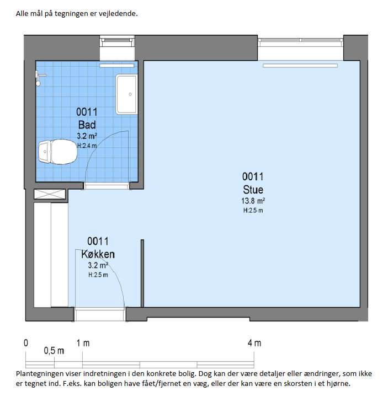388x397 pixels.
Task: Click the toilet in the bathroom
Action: pos(58,152)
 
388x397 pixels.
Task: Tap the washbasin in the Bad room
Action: pos(127,94)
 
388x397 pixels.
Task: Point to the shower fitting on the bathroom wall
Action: pos(39,78)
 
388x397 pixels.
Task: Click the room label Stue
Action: pos(253,190)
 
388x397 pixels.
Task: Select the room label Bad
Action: pos(87,125)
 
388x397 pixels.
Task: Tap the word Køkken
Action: pos(98,254)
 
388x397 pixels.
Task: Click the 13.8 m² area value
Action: pos(253,201)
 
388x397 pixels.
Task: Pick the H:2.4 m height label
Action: pos(87,146)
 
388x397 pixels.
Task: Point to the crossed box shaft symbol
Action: pos(50,194)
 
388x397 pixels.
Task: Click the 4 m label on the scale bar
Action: pos(254,343)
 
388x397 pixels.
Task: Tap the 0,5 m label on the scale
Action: pos(54,351)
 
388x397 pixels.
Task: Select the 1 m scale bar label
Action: pos(83,343)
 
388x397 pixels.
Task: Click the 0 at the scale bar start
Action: pos(26,343)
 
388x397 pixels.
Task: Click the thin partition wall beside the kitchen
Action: pos(142,273)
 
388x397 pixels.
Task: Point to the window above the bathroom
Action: pos(117,40)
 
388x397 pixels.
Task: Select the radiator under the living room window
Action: pos(300,66)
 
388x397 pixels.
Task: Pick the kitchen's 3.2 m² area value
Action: pos(98,265)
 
